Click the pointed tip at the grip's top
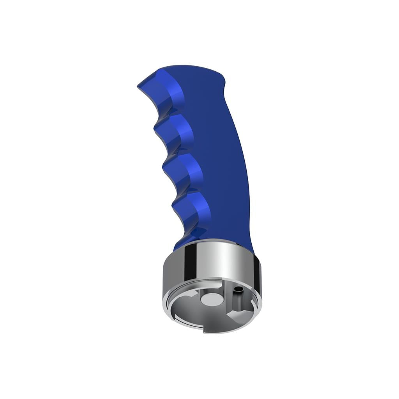click(x=139, y=86)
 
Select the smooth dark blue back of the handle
click(x=226, y=164)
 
